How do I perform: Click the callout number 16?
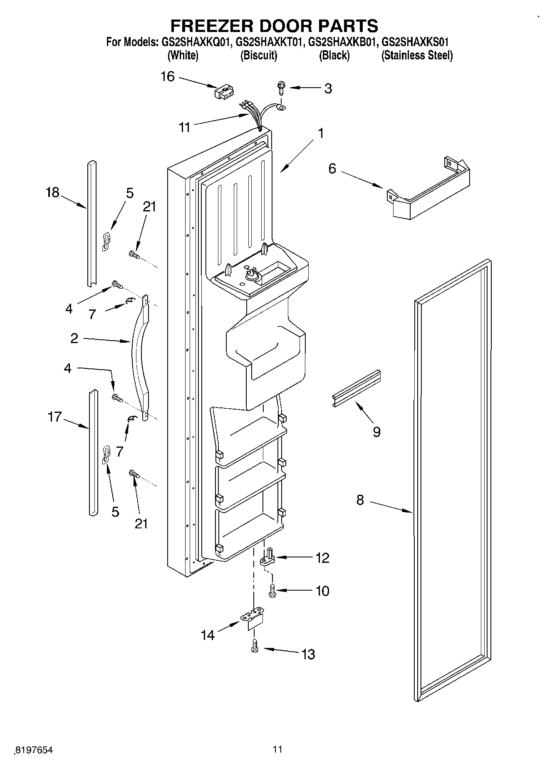(x=168, y=77)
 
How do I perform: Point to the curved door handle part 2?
(x=139, y=357)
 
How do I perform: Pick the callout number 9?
(x=376, y=432)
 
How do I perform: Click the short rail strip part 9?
(x=356, y=388)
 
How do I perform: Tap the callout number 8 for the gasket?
(x=360, y=500)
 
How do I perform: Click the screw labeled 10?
(x=272, y=591)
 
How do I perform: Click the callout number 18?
(x=53, y=192)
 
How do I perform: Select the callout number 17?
(x=55, y=417)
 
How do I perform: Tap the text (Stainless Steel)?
(x=417, y=55)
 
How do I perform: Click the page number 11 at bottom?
(x=277, y=749)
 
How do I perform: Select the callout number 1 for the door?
(x=321, y=133)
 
